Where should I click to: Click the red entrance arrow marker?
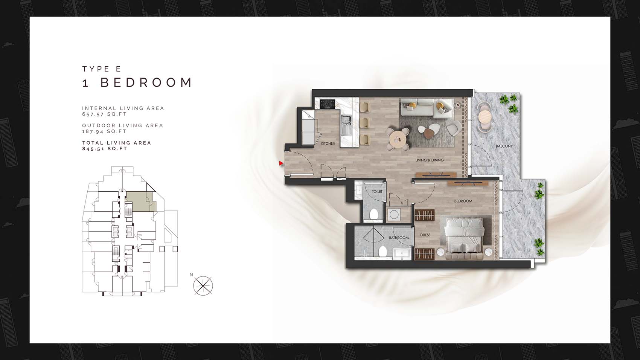coord(281,163)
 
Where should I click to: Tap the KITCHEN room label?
coord(328,143)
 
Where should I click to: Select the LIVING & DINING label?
coord(430,160)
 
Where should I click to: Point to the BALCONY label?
coord(504,146)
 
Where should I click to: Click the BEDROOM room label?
coord(463,201)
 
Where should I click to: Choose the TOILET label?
coord(377,192)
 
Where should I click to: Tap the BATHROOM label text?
coord(399,238)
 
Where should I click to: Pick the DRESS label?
coord(425,235)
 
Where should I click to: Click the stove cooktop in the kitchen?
coord(327,104)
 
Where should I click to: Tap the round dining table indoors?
coord(398,139)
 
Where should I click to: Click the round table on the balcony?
coord(485,117)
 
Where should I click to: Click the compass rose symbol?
coord(203,285)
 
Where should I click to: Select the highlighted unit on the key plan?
coord(141,202)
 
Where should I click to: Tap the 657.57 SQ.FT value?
coord(104,114)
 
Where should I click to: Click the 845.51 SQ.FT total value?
coord(105,149)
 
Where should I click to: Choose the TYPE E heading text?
coord(102,69)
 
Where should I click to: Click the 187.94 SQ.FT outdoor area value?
coord(104,131)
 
